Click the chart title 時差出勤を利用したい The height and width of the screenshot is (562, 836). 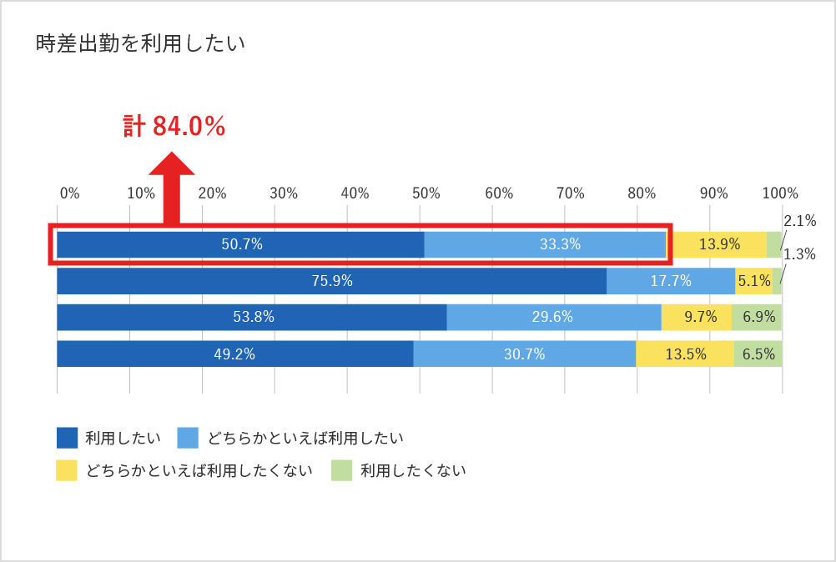coord(140,44)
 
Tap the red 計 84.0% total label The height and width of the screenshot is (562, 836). coord(174,126)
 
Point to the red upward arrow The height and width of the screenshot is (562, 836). coord(171,187)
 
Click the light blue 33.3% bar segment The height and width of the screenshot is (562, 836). coord(545,244)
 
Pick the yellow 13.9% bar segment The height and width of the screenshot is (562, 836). coord(718,244)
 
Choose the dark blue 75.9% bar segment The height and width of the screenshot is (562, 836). coord(331,281)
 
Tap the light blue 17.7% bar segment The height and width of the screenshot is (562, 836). coord(670,281)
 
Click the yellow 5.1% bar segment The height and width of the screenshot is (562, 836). coord(753,281)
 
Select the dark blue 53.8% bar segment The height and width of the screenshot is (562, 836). coord(251,317)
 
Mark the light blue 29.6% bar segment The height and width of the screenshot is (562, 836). coord(553,317)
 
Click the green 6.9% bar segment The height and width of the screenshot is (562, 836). coord(757,317)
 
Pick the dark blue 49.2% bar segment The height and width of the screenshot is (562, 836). coord(234,354)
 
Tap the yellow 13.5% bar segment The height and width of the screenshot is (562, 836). coord(684,354)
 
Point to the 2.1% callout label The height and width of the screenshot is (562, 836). coord(800,221)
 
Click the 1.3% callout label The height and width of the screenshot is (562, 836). coord(800,254)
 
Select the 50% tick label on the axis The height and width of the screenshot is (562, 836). coord(426,193)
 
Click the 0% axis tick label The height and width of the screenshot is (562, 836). coord(69,193)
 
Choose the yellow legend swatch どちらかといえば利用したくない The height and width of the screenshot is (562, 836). coord(67,470)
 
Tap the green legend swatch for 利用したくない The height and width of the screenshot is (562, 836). coord(341,470)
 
